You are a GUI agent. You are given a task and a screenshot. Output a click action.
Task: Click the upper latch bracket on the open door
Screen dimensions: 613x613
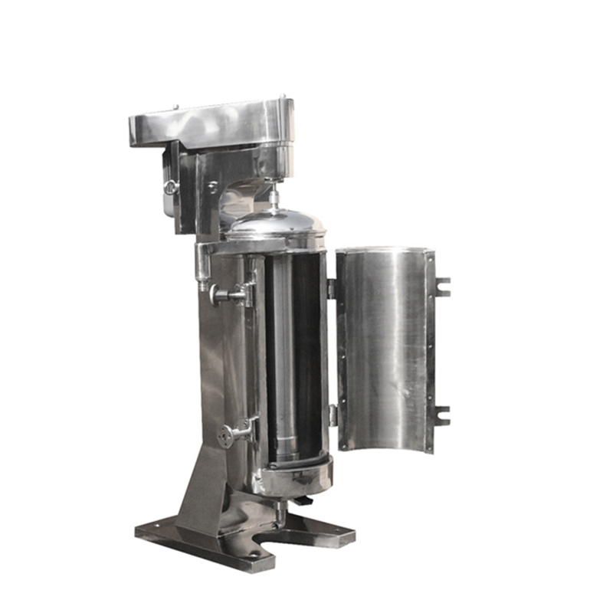(x=441, y=287)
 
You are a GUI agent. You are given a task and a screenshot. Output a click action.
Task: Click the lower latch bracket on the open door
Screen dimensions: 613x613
(x=441, y=416)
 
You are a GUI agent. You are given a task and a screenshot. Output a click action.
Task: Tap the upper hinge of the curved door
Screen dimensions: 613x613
(x=332, y=289)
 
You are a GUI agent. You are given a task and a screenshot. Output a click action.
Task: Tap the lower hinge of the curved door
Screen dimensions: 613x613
(x=333, y=415)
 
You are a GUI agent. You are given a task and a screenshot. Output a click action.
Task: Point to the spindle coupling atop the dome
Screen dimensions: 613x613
(x=273, y=198)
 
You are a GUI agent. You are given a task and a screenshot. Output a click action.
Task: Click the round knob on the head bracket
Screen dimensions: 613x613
(x=170, y=186)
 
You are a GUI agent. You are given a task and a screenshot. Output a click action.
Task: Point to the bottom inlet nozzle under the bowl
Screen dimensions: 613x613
(x=281, y=515)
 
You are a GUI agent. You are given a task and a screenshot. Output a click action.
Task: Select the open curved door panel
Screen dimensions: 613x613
(x=383, y=349)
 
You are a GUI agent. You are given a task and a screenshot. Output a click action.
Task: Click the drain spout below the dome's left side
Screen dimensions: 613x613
(x=202, y=268)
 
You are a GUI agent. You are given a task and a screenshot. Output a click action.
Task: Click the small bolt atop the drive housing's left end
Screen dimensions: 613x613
(x=175, y=107)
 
